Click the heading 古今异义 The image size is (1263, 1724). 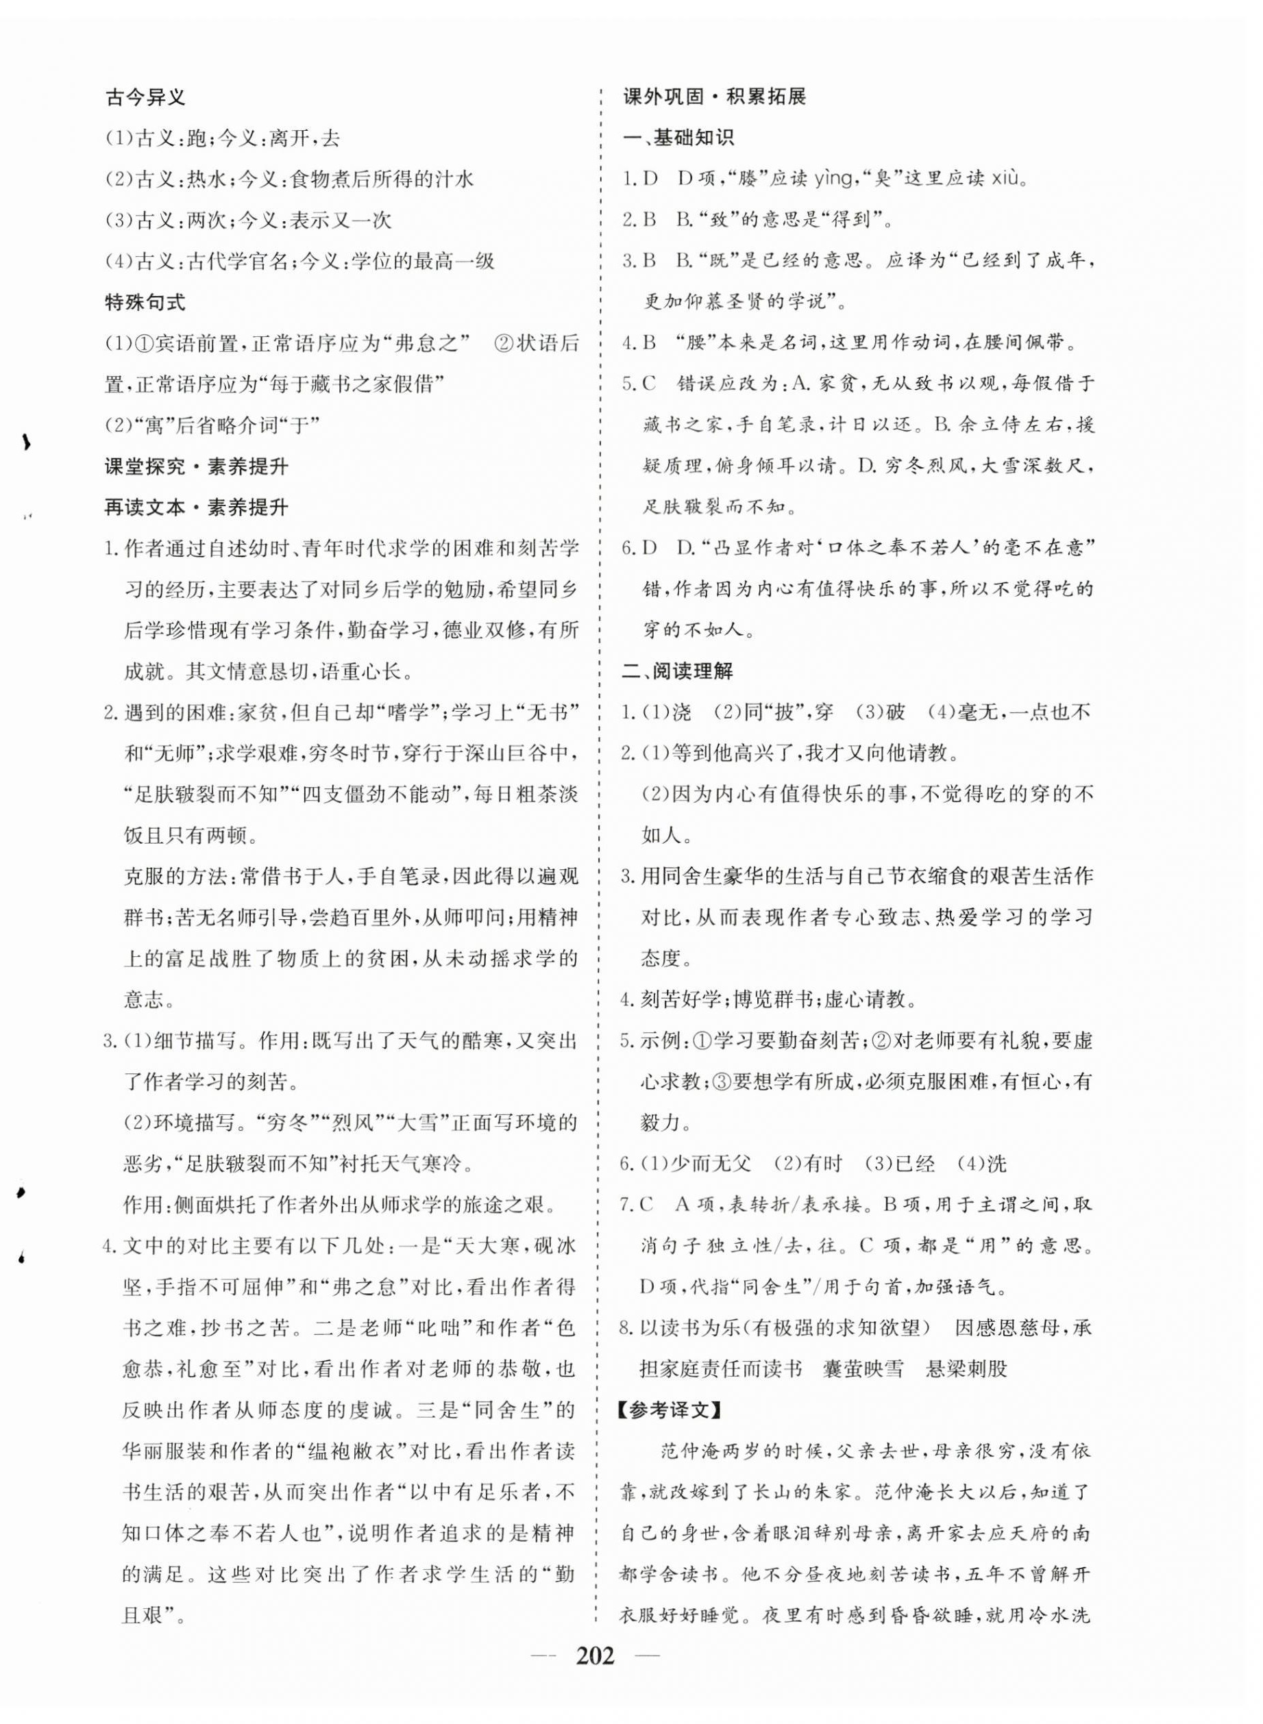145,98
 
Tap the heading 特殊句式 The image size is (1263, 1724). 145,302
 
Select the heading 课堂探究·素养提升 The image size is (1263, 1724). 197,466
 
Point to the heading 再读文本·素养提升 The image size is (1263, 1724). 197,508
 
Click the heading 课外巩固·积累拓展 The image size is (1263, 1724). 715,97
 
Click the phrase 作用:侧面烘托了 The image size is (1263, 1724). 222,1205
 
